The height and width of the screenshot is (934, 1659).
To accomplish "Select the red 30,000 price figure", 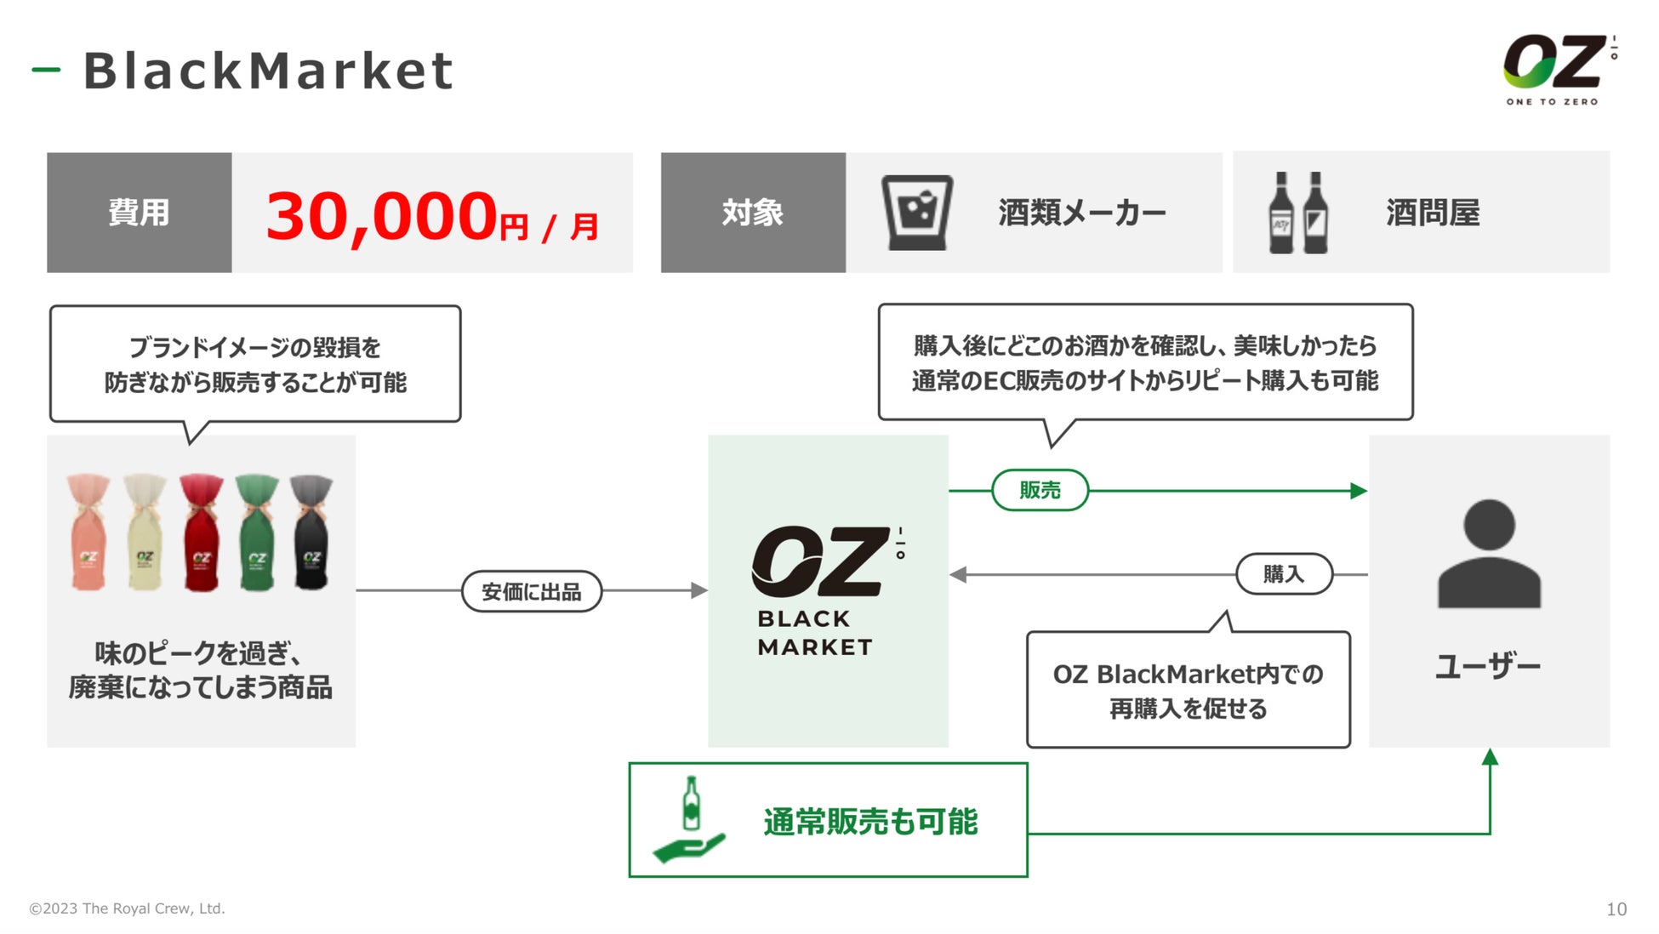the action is (382, 216).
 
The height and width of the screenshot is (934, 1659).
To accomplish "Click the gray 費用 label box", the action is (139, 213).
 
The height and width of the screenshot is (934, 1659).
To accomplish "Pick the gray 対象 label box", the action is (753, 213).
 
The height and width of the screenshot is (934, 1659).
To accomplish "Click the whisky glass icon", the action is (916, 213).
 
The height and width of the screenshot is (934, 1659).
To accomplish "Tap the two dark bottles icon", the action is (1297, 213).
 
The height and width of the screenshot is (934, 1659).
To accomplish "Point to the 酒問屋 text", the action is (1433, 213).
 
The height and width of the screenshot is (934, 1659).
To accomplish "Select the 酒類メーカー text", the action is (1081, 213).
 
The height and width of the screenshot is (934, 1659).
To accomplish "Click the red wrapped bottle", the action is (201, 532).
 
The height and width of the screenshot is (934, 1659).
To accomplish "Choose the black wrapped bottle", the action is (311, 532).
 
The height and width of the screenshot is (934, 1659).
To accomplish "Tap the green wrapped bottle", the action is (257, 532).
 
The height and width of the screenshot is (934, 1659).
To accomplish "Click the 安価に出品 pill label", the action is (532, 591).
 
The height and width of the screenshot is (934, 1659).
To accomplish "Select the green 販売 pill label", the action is (1040, 490).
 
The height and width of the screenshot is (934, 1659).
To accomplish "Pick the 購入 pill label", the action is (1283, 574).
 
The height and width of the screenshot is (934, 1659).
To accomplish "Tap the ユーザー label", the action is (1488, 665).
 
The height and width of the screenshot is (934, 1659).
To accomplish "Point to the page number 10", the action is (1616, 909).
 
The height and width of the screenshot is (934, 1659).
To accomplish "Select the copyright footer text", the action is (128, 908).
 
